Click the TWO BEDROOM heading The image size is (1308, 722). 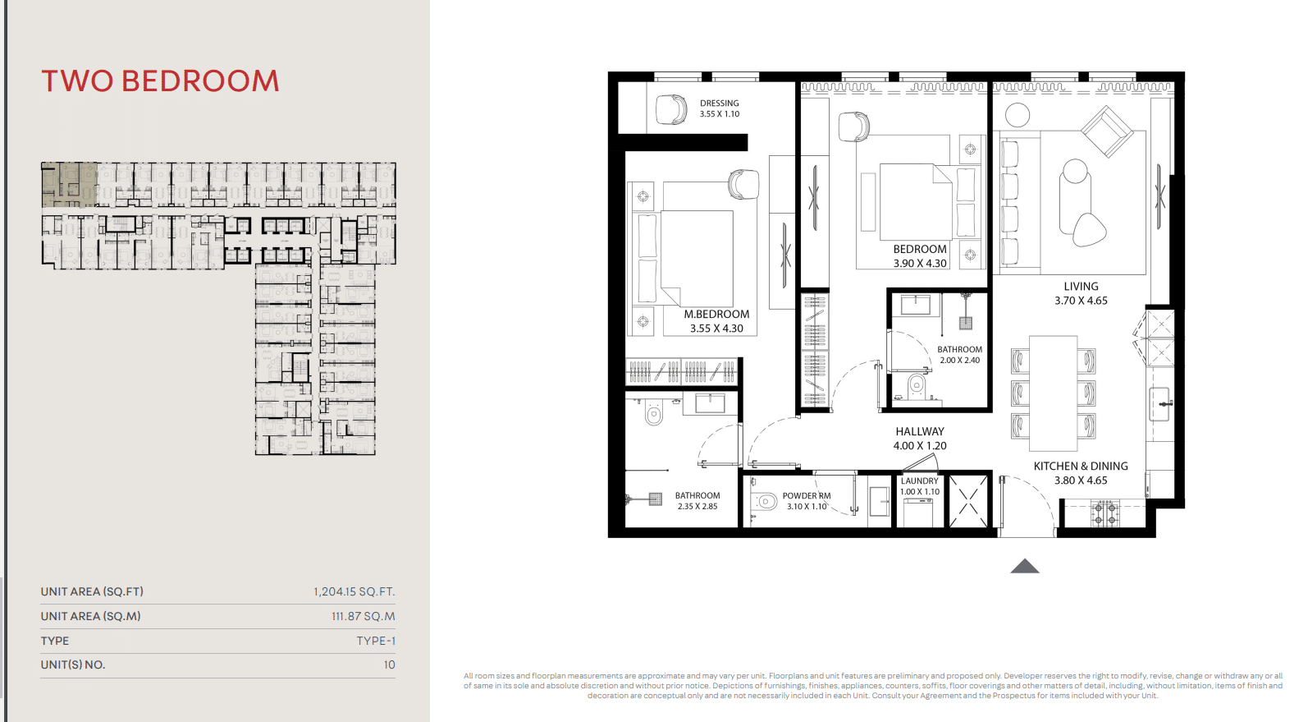pos(160,80)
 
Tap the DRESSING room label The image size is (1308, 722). pos(720,103)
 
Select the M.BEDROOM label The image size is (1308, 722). pos(716,314)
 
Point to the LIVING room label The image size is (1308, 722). pos(1081,287)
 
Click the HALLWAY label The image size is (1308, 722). pos(920,431)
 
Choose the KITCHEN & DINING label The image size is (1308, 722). pos(1081,466)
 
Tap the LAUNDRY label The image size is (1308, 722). pos(920,481)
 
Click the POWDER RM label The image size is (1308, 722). pos(807,496)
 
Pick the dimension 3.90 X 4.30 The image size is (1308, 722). pos(920,264)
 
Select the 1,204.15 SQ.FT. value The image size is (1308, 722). pos(354,591)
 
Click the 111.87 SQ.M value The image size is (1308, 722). pos(364,616)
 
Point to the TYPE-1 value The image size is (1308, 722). pos(376,641)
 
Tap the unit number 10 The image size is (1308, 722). pos(390,665)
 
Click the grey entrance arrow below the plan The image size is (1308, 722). pos(1025,567)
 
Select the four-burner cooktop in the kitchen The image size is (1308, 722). pos(1104,514)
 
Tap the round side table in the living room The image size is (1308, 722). pos(1018,115)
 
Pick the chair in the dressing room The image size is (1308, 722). pos(671,109)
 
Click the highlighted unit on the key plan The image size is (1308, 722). pos(69,185)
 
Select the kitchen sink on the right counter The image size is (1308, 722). pos(1159,404)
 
